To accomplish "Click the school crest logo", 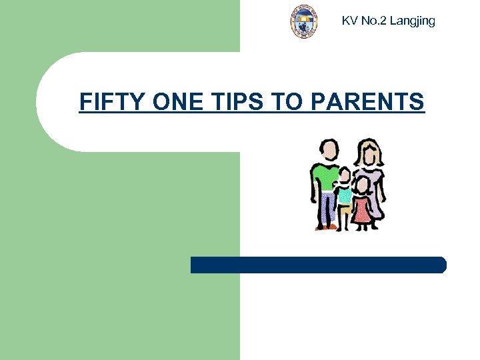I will tap(304, 21).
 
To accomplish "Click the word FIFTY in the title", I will tap(113, 102).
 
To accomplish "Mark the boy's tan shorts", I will tap(344, 211).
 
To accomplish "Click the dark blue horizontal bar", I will tap(318, 265).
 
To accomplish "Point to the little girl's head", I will tap(362, 185).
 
